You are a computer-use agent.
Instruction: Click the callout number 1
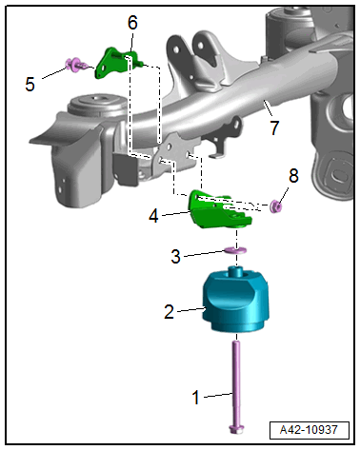tap(196, 398)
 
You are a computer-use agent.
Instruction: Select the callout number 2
tap(170, 311)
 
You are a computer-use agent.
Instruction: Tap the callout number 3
tap(175, 256)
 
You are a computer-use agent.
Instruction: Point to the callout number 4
tap(153, 216)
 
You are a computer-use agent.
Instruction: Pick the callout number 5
tap(30, 85)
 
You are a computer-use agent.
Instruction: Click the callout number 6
tap(132, 23)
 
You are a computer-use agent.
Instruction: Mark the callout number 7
tap(274, 127)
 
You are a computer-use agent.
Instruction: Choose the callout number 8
tap(293, 175)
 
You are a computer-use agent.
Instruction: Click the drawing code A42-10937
tap(309, 430)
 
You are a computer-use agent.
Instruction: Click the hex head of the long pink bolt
tap(236, 430)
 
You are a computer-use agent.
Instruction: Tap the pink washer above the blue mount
tap(235, 250)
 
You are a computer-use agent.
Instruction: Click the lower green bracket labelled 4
tap(219, 211)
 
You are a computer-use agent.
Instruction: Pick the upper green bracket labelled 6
tap(118, 63)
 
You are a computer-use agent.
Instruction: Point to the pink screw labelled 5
tap(77, 65)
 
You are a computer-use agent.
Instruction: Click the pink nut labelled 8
tap(275, 206)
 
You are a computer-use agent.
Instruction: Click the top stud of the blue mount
tap(235, 272)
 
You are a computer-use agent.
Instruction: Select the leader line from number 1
tap(218, 395)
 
